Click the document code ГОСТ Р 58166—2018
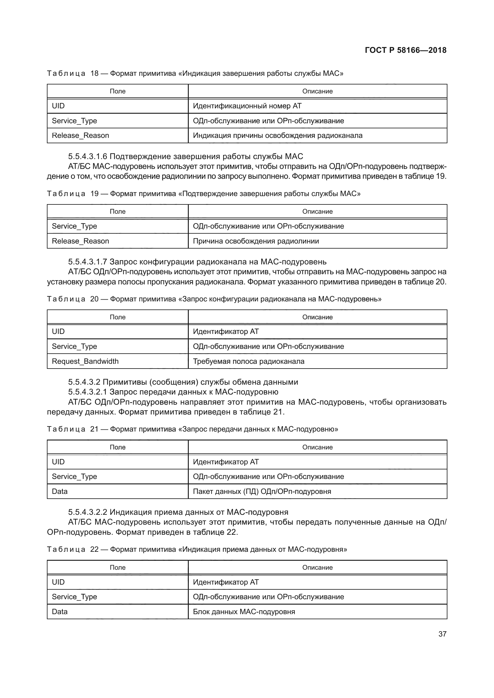(406, 50)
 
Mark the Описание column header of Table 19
(317, 211)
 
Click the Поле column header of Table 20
(117, 317)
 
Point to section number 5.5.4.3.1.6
(88, 157)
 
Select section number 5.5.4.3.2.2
(88, 512)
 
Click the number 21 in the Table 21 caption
(94, 429)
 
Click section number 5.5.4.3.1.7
(88, 262)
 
